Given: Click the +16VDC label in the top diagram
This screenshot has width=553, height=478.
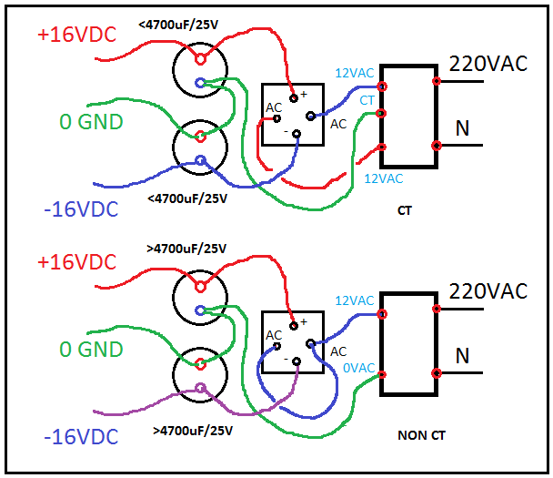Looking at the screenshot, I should point(77,36).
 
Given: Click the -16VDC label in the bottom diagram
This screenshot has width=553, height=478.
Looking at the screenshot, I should point(80,438).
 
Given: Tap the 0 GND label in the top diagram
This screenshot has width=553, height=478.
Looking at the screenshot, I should point(91,121).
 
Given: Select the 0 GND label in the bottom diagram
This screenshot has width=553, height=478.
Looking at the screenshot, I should point(91,350).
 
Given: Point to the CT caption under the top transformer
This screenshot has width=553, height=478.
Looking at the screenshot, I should point(406,211).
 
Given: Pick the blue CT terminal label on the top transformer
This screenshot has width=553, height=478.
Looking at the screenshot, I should point(367,99).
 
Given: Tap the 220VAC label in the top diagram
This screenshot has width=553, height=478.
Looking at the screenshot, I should point(487,65).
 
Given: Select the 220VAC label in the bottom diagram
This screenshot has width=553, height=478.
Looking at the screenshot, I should point(487,292).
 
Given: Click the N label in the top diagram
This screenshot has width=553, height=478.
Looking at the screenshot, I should point(462,129).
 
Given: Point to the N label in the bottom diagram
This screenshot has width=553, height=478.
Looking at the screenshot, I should point(462,355).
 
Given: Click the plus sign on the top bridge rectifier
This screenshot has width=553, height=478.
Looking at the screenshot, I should point(305,93).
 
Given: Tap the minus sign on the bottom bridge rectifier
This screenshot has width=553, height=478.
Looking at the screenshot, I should point(286,361).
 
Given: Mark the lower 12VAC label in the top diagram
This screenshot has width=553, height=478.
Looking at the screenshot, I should point(382,178).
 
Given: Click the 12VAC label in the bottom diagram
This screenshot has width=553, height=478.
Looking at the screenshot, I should point(355,301).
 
